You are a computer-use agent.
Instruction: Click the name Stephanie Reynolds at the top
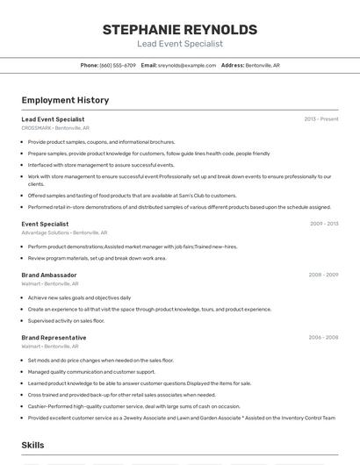(x=180, y=30)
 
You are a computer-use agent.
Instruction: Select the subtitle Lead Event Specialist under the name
(x=180, y=44)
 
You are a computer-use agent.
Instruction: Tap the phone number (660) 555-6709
(x=118, y=65)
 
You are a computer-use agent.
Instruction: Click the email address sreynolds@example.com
(x=187, y=65)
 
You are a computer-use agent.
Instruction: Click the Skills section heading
(x=33, y=446)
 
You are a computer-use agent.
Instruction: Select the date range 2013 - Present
(x=320, y=119)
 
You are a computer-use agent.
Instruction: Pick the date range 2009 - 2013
(x=324, y=224)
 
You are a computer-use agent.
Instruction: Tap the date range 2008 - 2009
(x=323, y=275)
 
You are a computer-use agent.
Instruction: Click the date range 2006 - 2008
(x=323, y=338)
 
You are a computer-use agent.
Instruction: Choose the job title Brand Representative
(x=54, y=338)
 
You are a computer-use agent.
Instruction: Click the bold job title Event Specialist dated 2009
(x=45, y=224)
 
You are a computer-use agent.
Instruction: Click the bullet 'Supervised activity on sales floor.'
(x=66, y=320)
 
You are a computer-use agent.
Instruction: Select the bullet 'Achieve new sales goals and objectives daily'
(x=79, y=297)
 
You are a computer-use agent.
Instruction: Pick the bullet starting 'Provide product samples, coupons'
(x=101, y=141)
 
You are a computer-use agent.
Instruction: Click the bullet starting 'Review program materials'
(x=97, y=258)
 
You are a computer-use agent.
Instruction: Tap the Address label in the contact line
(x=233, y=65)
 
